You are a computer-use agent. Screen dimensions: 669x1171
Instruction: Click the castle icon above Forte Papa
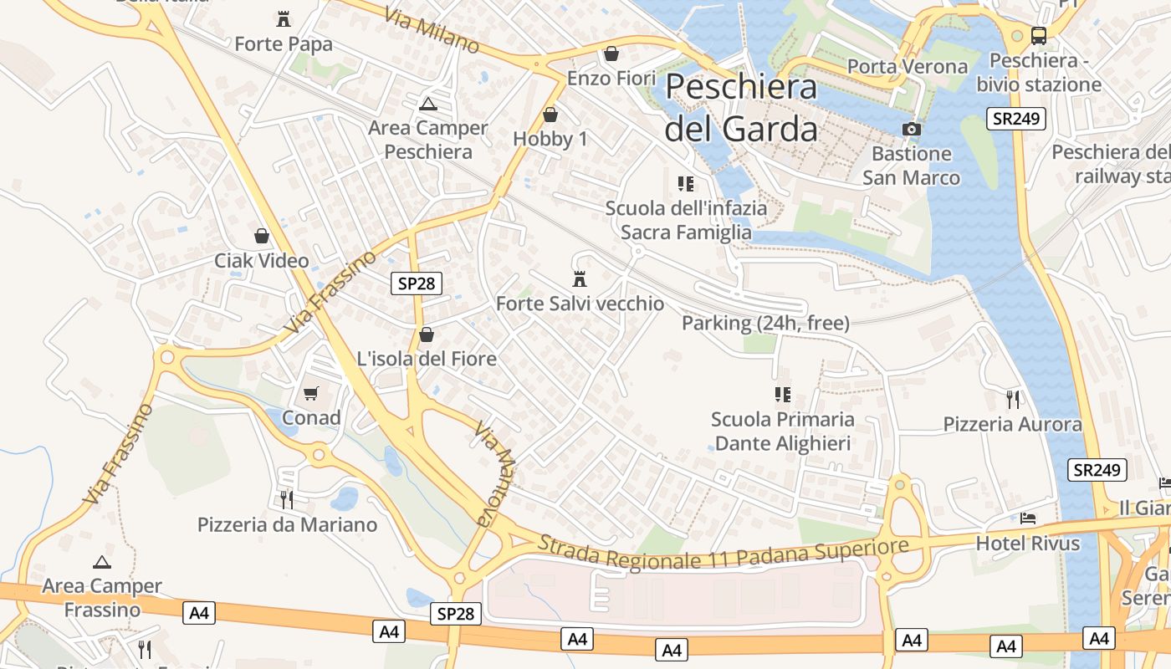(x=284, y=18)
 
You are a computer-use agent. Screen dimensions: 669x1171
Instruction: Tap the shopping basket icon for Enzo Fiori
(x=611, y=54)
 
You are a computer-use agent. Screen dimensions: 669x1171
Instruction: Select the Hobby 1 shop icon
(x=550, y=115)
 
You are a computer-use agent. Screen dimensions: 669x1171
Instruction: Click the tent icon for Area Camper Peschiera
(x=428, y=104)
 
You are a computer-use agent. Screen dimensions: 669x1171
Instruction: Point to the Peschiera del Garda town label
(x=741, y=108)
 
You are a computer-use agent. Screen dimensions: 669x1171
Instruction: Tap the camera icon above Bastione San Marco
(x=912, y=129)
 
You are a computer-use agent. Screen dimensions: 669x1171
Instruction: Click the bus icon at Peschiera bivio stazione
(x=1038, y=36)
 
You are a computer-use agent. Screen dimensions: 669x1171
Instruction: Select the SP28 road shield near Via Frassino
(x=417, y=283)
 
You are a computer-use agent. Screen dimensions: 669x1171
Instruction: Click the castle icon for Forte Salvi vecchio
(x=580, y=278)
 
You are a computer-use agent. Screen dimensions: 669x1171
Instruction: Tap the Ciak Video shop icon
(x=262, y=236)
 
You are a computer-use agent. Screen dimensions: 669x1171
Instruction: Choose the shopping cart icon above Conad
(x=311, y=393)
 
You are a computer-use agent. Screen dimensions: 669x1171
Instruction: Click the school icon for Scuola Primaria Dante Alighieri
(x=783, y=394)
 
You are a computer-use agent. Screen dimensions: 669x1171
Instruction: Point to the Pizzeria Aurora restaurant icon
(x=1013, y=399)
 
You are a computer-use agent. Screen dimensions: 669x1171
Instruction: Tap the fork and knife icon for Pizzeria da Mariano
(x=287, y=500)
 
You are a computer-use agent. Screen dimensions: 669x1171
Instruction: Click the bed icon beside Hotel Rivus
(x=1028, y=518)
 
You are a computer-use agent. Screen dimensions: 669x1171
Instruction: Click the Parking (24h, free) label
(x=765, y=323)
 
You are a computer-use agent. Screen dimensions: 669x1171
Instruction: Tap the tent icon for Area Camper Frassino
(x=102, y=562)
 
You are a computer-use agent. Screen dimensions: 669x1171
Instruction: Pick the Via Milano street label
(x=432, y=31)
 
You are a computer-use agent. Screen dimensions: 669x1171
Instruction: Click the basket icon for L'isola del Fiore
(x=427, y=334)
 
